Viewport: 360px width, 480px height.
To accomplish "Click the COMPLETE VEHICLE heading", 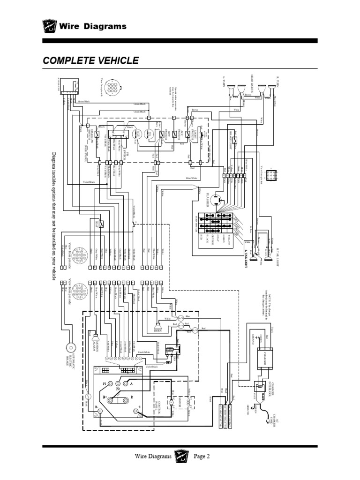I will (90, 60).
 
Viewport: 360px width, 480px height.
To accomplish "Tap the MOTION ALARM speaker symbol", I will (95, 337).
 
